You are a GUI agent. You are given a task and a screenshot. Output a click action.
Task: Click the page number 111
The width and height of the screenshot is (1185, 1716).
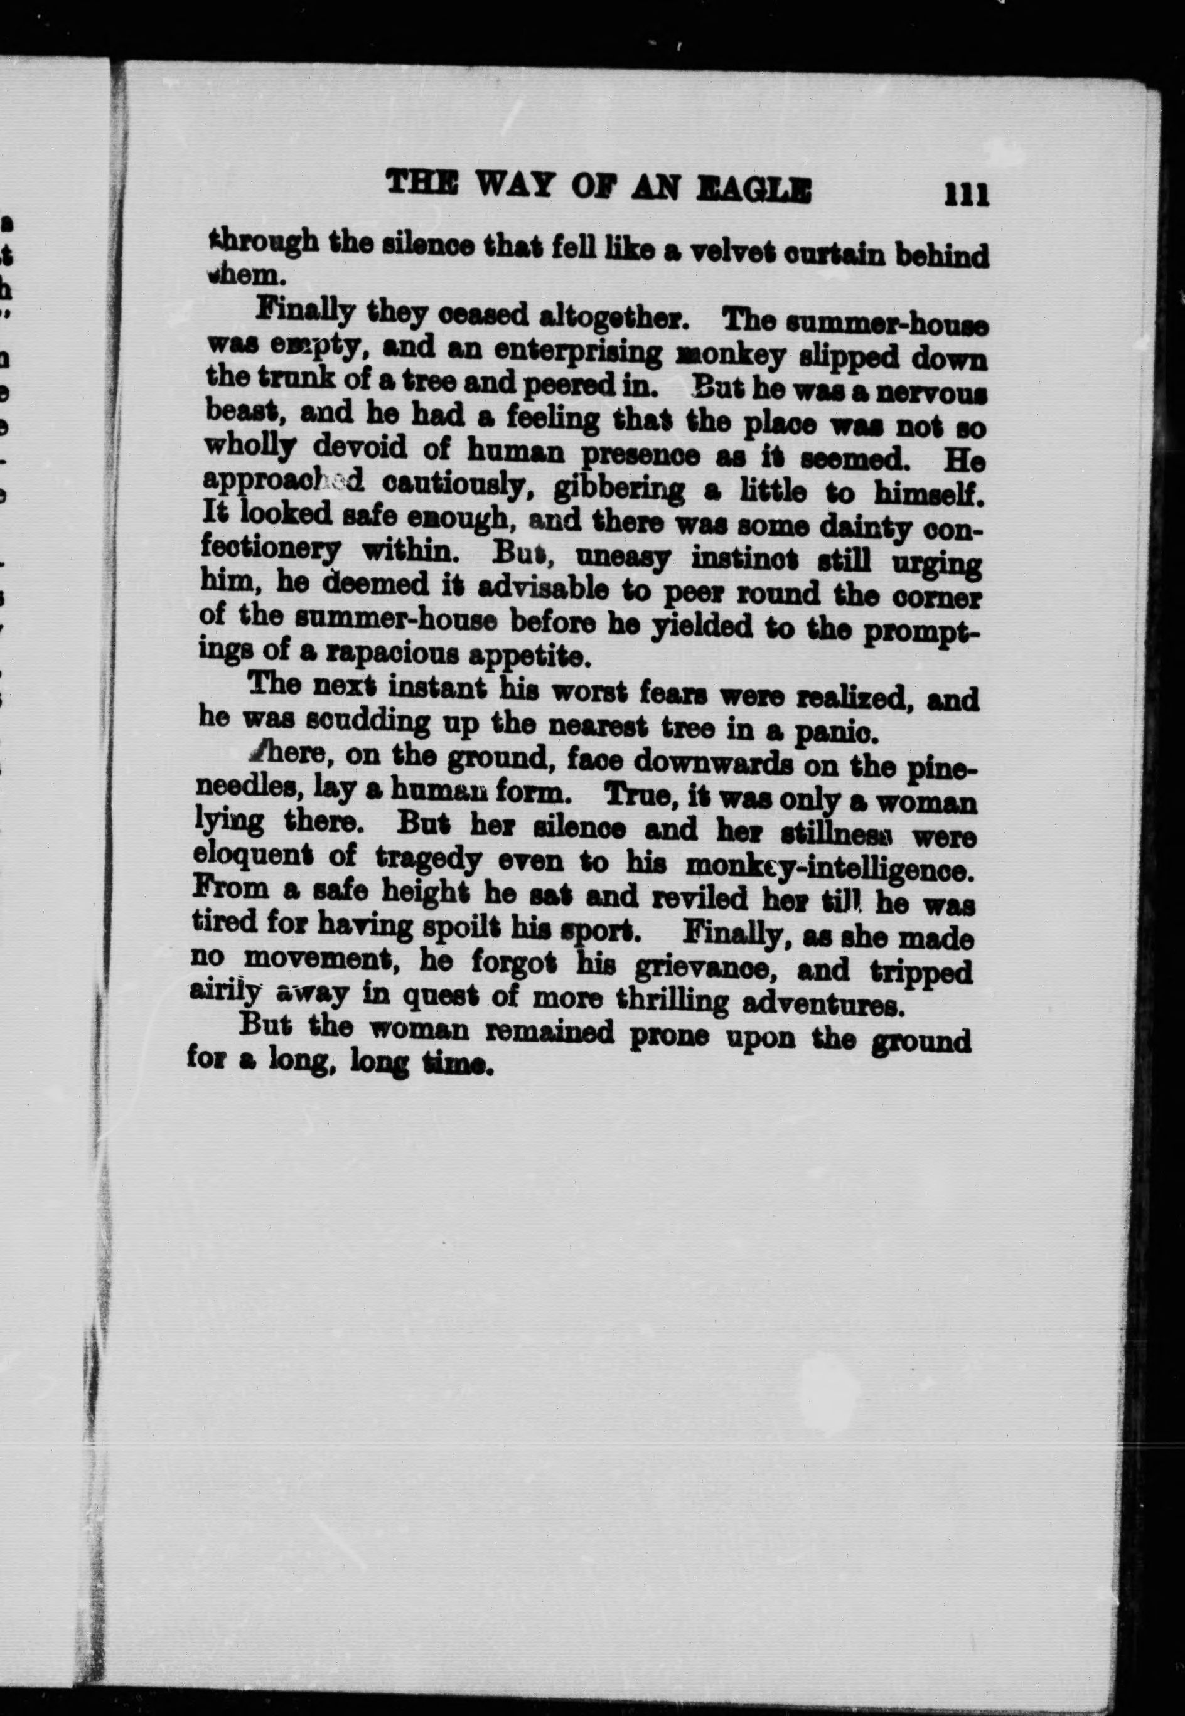coord(966,196)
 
